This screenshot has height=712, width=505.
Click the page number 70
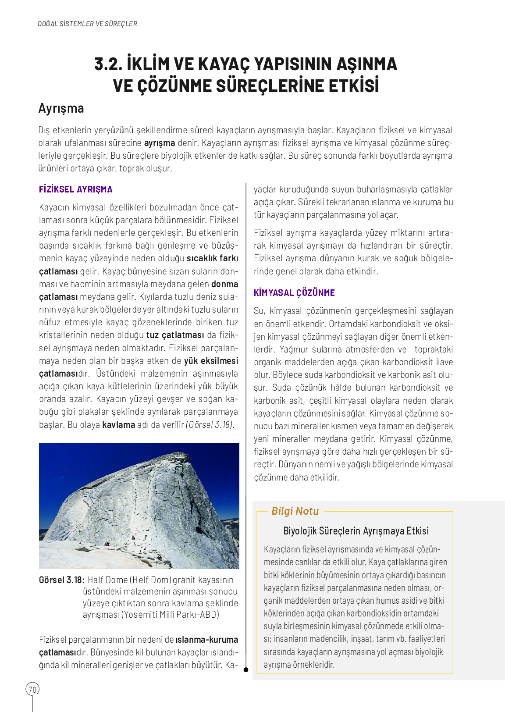32,690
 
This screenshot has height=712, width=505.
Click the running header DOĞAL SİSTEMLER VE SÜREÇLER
87,24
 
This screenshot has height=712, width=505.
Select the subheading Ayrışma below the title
61,108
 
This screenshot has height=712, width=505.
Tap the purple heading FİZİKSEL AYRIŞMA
76,189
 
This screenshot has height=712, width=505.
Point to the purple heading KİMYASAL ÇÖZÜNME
294,293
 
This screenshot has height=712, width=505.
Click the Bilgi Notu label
295,511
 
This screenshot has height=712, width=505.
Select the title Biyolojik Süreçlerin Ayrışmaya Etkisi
356,531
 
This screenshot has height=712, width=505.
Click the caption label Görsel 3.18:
61,580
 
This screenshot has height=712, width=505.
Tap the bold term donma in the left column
224,284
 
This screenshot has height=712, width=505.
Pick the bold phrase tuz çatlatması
175,335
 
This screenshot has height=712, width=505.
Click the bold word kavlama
118,425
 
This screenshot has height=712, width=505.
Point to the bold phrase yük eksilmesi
211,361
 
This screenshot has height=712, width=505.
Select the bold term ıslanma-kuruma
207,640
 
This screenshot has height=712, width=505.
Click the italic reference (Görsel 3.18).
210,425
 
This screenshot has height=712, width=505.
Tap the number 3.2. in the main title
108,64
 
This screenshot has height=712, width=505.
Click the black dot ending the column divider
246,669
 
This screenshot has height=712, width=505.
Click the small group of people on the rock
107,544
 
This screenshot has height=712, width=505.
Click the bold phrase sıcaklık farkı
212,258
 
